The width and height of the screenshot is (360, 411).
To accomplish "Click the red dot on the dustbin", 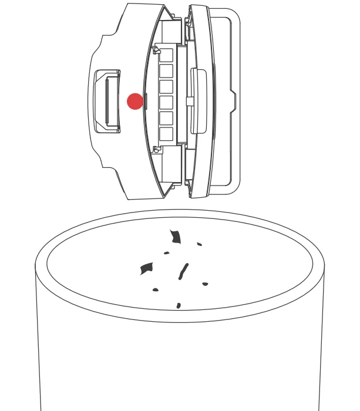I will point(135,101).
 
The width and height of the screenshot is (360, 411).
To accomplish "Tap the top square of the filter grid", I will point(166,55).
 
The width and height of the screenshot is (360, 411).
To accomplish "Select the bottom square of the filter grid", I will point(166,134).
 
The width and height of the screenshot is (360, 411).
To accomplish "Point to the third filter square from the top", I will point(166,87).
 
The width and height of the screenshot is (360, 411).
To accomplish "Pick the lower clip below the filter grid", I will point(157,150).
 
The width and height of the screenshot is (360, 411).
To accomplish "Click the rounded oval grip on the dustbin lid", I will point(198,101).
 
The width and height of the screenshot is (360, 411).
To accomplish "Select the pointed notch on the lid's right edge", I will point(233,101).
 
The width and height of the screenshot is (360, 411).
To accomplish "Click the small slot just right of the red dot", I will point(146,101).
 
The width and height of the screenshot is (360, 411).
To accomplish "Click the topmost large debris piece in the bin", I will point(175,237).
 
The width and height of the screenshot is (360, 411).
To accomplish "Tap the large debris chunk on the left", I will point(146,268).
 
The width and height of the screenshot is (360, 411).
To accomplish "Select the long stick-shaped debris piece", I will point(183,271).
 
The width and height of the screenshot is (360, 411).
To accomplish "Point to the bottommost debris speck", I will point(179,305).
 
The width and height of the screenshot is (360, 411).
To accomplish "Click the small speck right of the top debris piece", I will point(200,244).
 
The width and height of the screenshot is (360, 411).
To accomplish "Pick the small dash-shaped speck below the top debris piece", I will point(167,253).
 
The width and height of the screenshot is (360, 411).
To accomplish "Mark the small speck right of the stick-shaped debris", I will point(205,284).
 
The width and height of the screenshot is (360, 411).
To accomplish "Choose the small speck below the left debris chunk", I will point(156,289).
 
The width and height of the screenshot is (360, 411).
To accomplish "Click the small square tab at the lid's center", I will point(190,101).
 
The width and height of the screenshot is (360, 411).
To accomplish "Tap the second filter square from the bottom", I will point(166,118).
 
